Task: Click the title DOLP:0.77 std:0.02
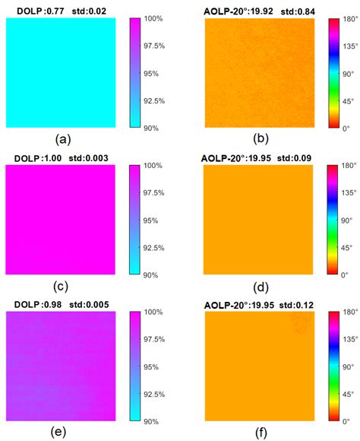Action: (61, 8)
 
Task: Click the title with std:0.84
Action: (258, 8)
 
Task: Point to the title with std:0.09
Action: (258, 157)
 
